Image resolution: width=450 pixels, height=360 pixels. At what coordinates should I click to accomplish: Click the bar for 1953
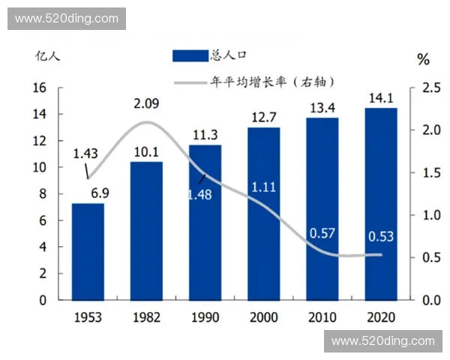[x=88, y=251]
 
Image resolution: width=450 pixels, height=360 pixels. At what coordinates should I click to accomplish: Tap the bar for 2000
[x=264, y=213]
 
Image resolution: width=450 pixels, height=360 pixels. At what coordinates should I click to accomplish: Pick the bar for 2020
[x=381, y=203]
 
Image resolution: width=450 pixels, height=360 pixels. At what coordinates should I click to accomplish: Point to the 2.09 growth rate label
[x=146, y=103]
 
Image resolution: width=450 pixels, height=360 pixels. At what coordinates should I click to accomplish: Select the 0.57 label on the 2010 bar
[x=322, y=233]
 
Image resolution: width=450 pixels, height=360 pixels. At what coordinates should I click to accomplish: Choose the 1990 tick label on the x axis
[x=205, y=317]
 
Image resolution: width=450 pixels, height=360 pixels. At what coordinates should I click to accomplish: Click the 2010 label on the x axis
[x=322, y=317]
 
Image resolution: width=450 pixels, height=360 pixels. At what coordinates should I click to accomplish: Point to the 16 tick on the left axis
[x=40, y=88]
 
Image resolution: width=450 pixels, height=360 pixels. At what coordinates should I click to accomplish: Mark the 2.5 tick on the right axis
[x=431, y=88]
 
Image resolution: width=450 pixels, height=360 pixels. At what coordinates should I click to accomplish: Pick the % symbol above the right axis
[x=424, y=58]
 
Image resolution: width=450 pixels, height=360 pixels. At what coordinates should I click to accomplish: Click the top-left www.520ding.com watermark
[x=66, y=18]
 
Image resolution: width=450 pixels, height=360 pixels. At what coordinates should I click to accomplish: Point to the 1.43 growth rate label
[x=85, y=153]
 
